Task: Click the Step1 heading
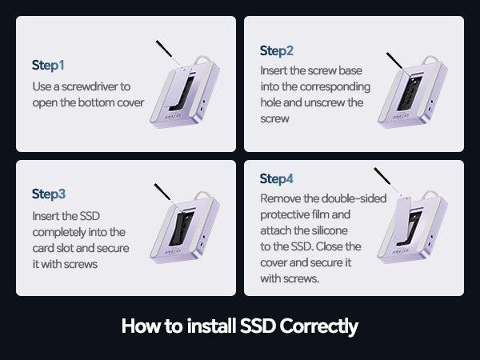(x=48, y=66)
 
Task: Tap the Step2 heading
(x=277, y=51)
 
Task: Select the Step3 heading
(x=49, y=194)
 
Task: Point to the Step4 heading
(x=276, y=178)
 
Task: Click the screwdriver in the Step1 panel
(x=168, y=54)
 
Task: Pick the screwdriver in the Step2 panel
(x=398, y=63)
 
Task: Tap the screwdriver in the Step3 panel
(x=166, y=194)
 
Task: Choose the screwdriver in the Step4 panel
(x=387, y=181)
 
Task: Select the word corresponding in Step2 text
(x=335, y=87)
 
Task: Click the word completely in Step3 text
(x=58, y=232)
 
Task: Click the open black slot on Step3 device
(x=182, y=229)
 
